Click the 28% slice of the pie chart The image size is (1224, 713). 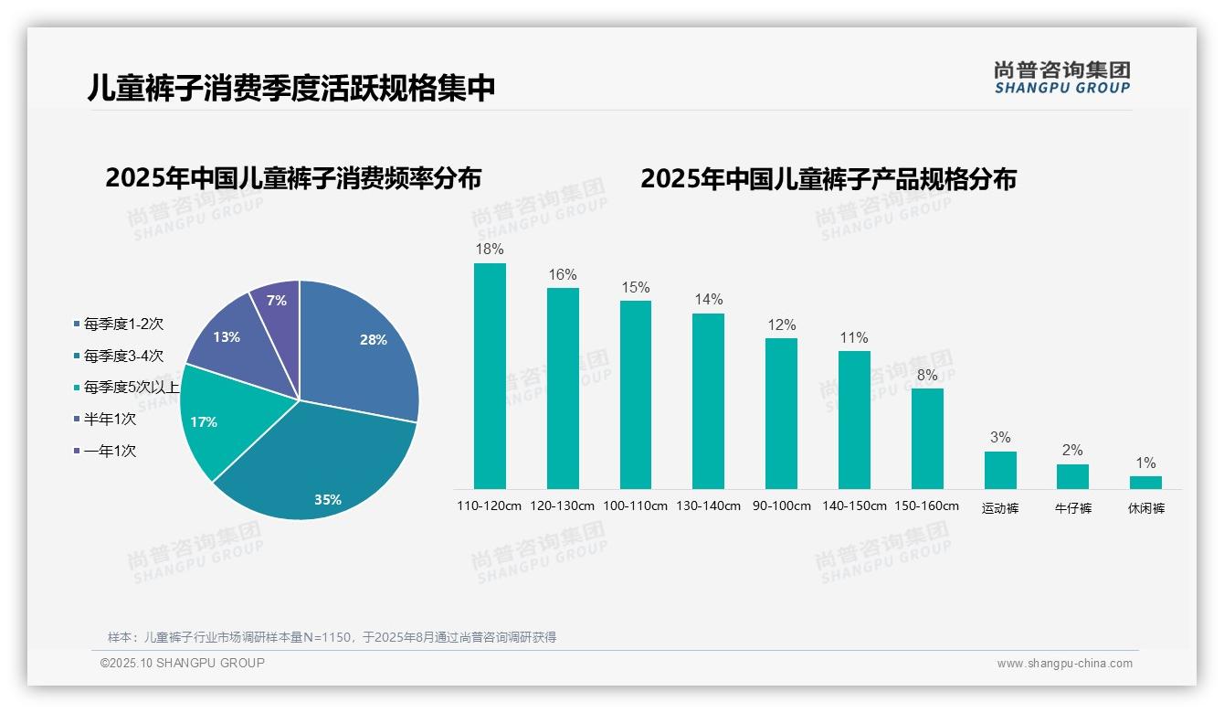(361, 347)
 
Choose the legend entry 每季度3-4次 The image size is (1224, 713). (118, 356)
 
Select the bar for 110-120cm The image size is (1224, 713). (490, 376)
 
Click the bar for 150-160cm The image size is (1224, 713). (927, 439)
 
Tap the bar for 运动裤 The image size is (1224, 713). (1000, 470)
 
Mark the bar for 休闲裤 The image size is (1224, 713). (1145, 482)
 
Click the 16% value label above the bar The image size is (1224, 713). (563, 274)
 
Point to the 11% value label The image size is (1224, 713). (854, 337)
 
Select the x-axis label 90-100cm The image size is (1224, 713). (781, 506)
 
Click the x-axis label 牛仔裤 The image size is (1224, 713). (1073, 508)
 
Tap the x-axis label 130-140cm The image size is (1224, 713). (708, 506)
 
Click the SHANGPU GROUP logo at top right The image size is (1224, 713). (1061, 78)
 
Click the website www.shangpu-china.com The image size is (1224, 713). (1064, 664)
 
